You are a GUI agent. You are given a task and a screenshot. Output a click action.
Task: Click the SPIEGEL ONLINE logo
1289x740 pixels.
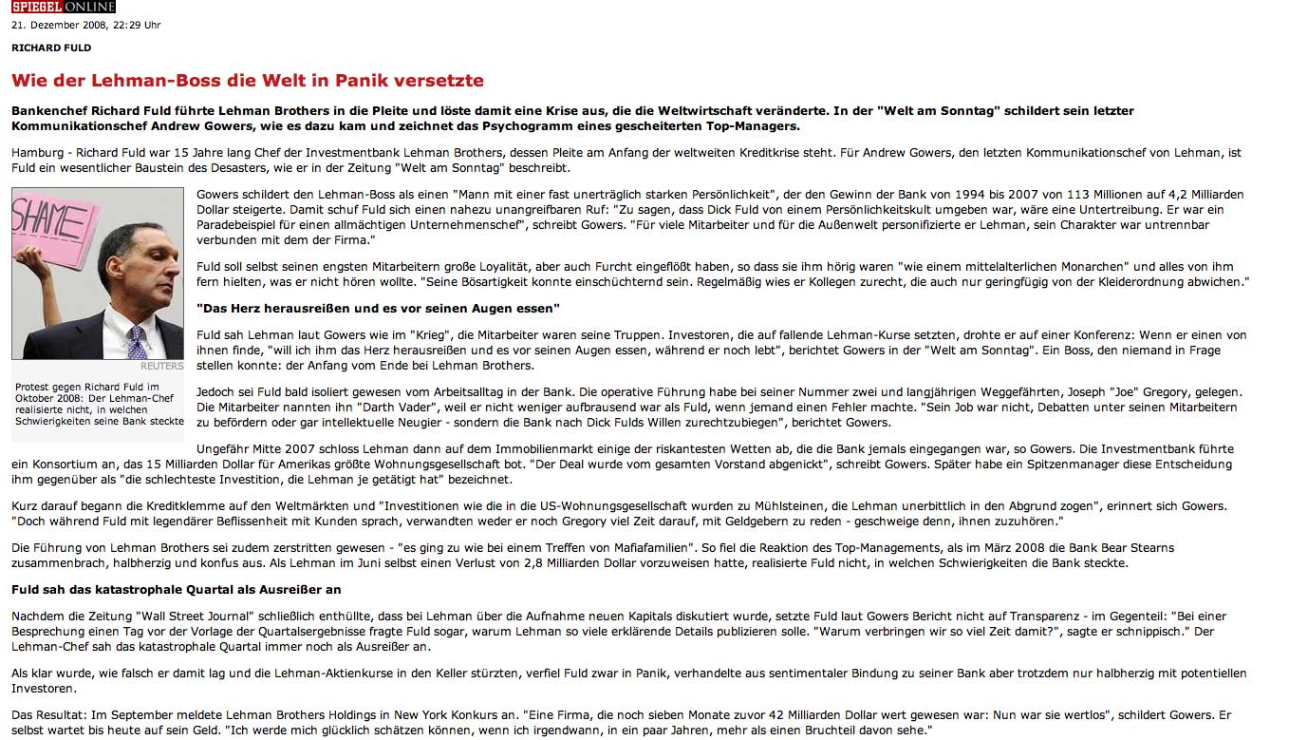click(63, 7)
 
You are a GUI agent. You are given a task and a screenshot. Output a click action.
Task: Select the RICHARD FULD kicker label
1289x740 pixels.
click(51, 47)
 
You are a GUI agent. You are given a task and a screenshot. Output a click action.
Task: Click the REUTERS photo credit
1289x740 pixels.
click(161, 366)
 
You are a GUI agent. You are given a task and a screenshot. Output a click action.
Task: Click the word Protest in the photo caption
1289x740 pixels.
click(35, 387)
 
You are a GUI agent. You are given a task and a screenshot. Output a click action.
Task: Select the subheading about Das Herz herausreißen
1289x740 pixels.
click(378, 309)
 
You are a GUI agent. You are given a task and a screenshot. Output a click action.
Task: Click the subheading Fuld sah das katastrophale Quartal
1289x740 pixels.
click(176, 589)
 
